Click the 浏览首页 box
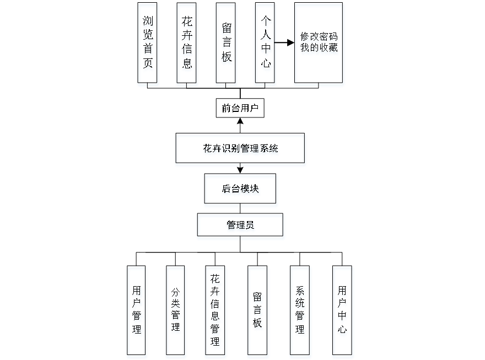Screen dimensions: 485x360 [148, 44]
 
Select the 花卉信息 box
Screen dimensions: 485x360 [187, 44]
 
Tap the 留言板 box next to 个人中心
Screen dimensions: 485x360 [226, 44]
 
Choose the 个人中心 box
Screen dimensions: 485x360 [265, 44]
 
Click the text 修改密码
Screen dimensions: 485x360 [319, 38]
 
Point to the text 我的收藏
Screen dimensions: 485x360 [319, 49]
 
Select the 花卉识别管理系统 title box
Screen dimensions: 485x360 [240, 149]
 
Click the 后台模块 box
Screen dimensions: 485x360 [241, 190]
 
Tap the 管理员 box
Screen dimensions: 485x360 [241, 227]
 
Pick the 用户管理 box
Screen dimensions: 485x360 [137, 311]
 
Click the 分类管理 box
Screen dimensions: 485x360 [175, 311]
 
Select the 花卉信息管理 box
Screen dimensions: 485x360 [215, 311]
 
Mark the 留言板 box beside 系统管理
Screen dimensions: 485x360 [258, 311]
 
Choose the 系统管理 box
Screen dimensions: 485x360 [300, 311]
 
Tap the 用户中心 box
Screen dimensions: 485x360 [342, 311]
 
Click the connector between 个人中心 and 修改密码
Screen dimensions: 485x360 [284, 42]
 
